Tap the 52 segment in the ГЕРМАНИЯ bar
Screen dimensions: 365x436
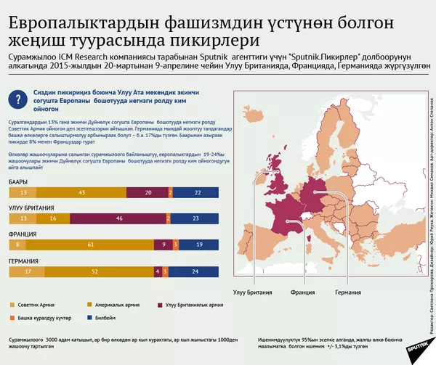click(95, 271)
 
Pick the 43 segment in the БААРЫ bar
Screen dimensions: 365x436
click(81, 192)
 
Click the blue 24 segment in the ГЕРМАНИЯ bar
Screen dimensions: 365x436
click(194, 271)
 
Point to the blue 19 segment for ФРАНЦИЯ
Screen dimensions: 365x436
click(200, 245)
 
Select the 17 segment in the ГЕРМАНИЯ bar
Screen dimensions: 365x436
click(28, 271)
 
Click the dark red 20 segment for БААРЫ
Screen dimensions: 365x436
click(148, 192)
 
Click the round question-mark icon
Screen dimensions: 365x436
click(18, 99)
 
